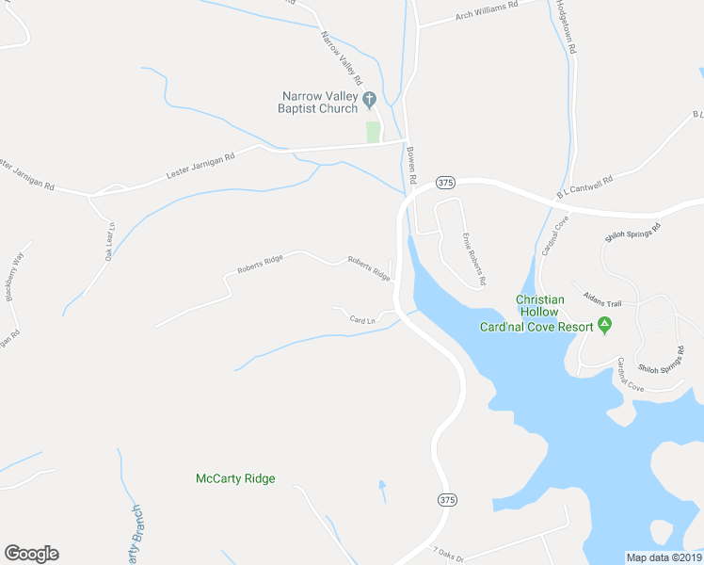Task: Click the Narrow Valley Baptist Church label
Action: [317, 102]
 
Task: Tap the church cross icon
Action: [370, 97]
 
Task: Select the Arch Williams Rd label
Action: [487, 10]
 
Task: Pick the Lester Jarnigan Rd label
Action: [200, 165]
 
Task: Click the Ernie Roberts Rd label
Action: [473, 259]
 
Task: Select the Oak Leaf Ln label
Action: [110, 243]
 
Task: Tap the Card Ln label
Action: [362, 320]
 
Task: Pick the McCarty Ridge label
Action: [235, 478]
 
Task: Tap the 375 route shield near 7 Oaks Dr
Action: [447, 498]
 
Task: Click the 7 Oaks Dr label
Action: [450, 554]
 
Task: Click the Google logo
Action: [31, 554]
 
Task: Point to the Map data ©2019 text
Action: [663, 557]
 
